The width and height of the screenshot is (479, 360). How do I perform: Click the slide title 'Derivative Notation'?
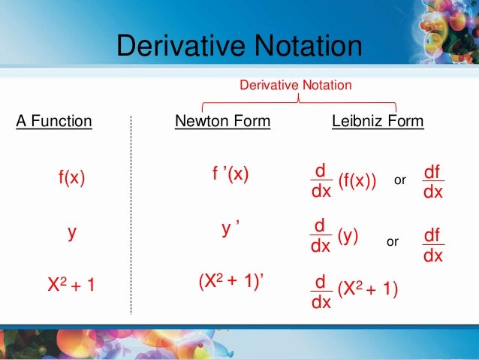[239, 48]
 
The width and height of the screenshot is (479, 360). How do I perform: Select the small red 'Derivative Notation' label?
[295, 86]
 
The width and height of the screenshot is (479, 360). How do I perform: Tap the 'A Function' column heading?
[54, 120]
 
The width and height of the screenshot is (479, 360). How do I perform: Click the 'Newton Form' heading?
[222, 120]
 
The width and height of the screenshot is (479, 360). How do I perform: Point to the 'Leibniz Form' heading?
[378, 120]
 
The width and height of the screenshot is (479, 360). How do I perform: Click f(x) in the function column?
[72, 178]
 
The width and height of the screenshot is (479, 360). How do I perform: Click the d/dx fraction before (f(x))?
[321, 182]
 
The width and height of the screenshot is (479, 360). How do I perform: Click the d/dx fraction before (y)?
[321, 236]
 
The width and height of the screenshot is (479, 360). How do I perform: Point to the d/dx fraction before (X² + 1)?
[321, 292]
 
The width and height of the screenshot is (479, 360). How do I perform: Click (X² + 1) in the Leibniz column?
[368, 289]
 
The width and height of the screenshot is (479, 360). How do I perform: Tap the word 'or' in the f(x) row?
[399, 182]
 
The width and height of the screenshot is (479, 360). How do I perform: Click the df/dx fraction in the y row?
[432, 246]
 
